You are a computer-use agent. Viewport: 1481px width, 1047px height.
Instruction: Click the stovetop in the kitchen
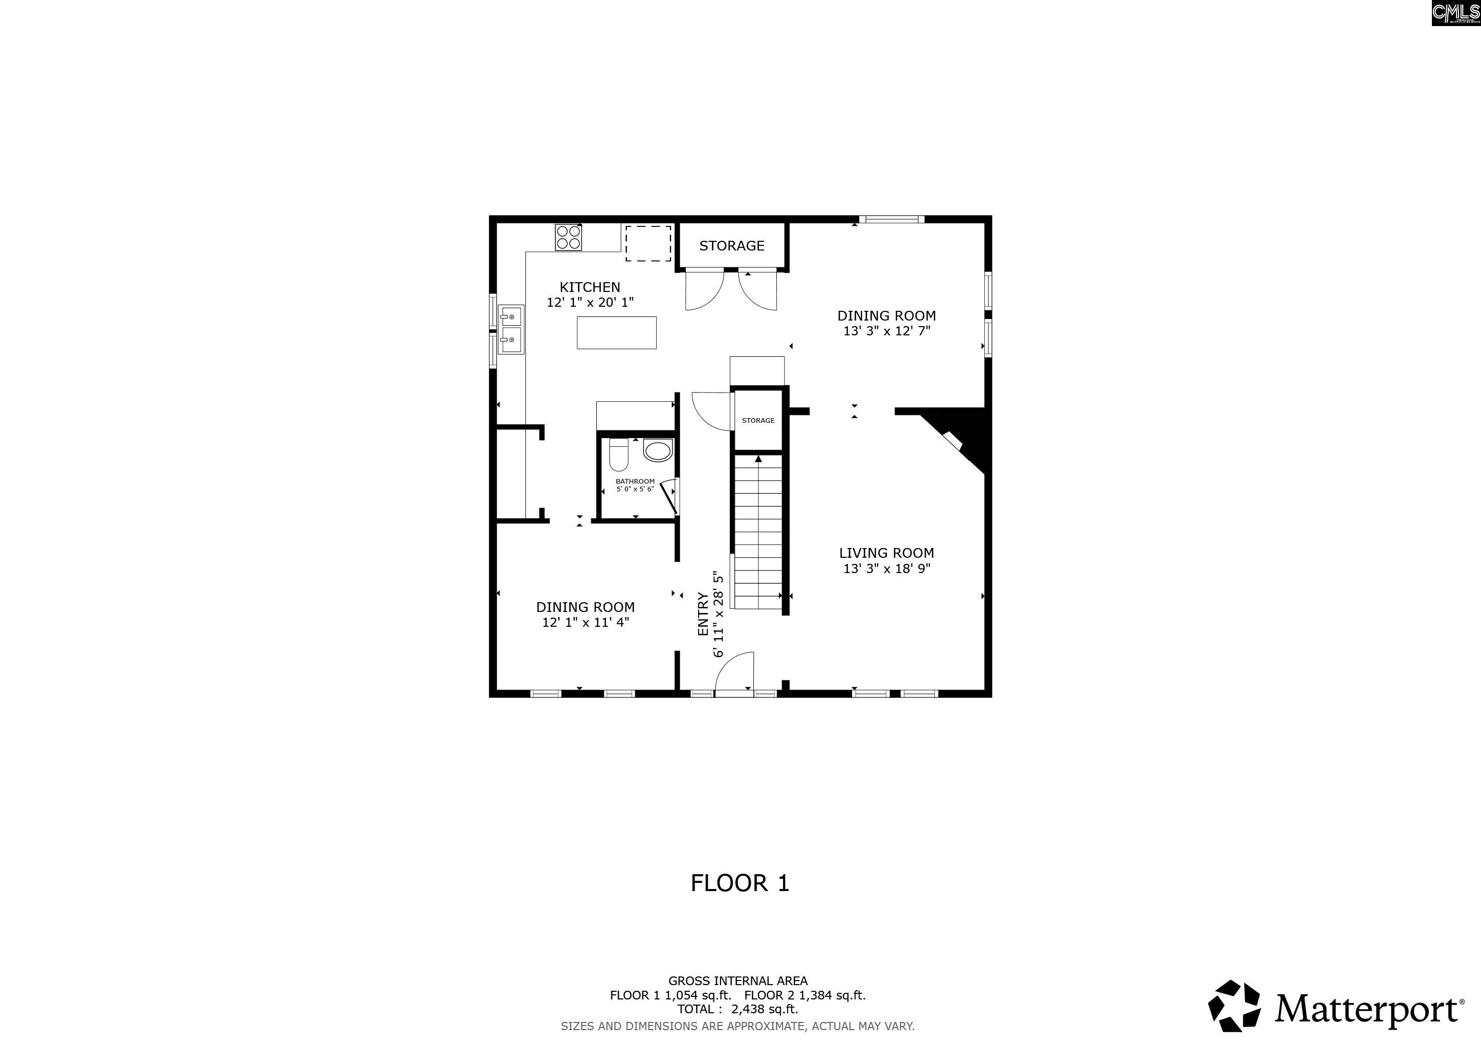pos(568,237)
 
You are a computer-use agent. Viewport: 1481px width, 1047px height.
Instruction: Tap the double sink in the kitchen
pos(511,329)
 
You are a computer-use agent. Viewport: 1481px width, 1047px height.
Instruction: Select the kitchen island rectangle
pos(617,333)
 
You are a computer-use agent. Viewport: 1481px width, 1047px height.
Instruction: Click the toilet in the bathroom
pos(619,454)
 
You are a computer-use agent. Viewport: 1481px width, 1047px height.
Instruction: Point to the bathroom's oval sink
pos(659,450)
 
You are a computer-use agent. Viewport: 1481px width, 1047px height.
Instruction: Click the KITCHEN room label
pos(590,287)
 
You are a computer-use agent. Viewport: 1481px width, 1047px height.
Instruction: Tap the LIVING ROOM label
pos(886,553)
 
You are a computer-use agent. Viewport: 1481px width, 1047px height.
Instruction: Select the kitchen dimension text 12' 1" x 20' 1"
pos(590,302)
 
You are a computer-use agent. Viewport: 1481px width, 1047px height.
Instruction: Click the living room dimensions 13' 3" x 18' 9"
pos(886,568)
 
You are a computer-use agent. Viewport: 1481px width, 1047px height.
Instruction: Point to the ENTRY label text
pos(703,614)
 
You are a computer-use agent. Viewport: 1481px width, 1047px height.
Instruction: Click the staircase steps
pos(758,532)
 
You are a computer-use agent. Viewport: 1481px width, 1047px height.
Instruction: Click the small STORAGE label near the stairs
pos(758,420)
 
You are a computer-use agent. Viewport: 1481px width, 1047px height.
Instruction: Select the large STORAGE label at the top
pos(731,245)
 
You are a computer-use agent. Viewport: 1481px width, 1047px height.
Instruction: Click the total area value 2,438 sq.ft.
pos(765,1009)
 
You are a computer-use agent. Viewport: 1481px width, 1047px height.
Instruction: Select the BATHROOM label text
pos(635,481)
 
